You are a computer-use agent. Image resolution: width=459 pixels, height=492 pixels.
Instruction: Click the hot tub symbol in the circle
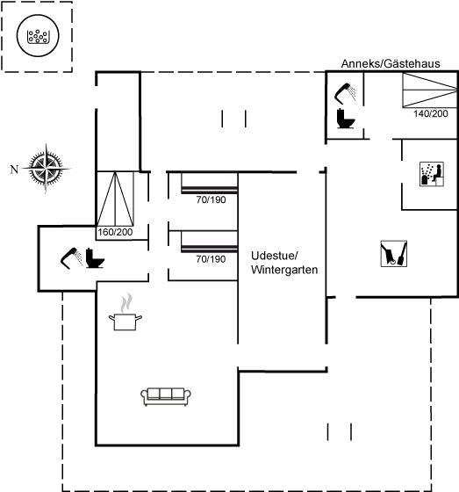[x=38, y=35]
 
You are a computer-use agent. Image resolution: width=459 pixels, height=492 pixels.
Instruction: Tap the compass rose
[x=47, y=169]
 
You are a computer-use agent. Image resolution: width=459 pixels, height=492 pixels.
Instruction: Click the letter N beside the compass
[x=14, y=170]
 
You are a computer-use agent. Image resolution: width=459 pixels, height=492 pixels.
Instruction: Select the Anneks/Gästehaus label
[x=391, y=63]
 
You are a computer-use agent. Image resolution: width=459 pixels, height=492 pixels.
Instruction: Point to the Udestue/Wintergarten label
[x=284, y=263]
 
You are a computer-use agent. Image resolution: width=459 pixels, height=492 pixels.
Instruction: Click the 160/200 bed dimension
[x=115, y=232]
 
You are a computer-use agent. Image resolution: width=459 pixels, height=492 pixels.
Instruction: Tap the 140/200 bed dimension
[x=430, y=113]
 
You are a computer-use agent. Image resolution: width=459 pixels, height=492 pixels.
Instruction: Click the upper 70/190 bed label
[x=211, y=199]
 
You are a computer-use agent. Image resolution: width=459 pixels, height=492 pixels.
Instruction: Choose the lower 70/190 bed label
[x=211, y=259]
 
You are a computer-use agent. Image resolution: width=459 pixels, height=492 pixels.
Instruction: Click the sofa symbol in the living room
[x=166, y=396]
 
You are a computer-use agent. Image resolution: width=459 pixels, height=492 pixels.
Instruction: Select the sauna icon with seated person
[x=432, y=174]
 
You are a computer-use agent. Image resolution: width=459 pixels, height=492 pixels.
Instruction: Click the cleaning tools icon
[x=394, y=254]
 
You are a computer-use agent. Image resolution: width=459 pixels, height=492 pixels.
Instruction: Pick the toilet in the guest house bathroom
[x=346, y=119]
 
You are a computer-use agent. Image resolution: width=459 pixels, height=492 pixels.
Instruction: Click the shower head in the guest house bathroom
[x=345, y=93]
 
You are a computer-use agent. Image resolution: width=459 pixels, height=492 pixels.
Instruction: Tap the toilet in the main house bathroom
[x=95, y=258]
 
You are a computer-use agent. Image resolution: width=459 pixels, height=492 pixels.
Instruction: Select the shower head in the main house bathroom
[x=72, y=258]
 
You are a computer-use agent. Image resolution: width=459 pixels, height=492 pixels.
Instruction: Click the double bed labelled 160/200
[x=115, y=199]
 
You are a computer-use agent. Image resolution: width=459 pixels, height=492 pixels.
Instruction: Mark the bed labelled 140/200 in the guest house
[x=430, y=90]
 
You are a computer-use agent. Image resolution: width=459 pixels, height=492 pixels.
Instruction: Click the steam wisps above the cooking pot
[x=126, y=302]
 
